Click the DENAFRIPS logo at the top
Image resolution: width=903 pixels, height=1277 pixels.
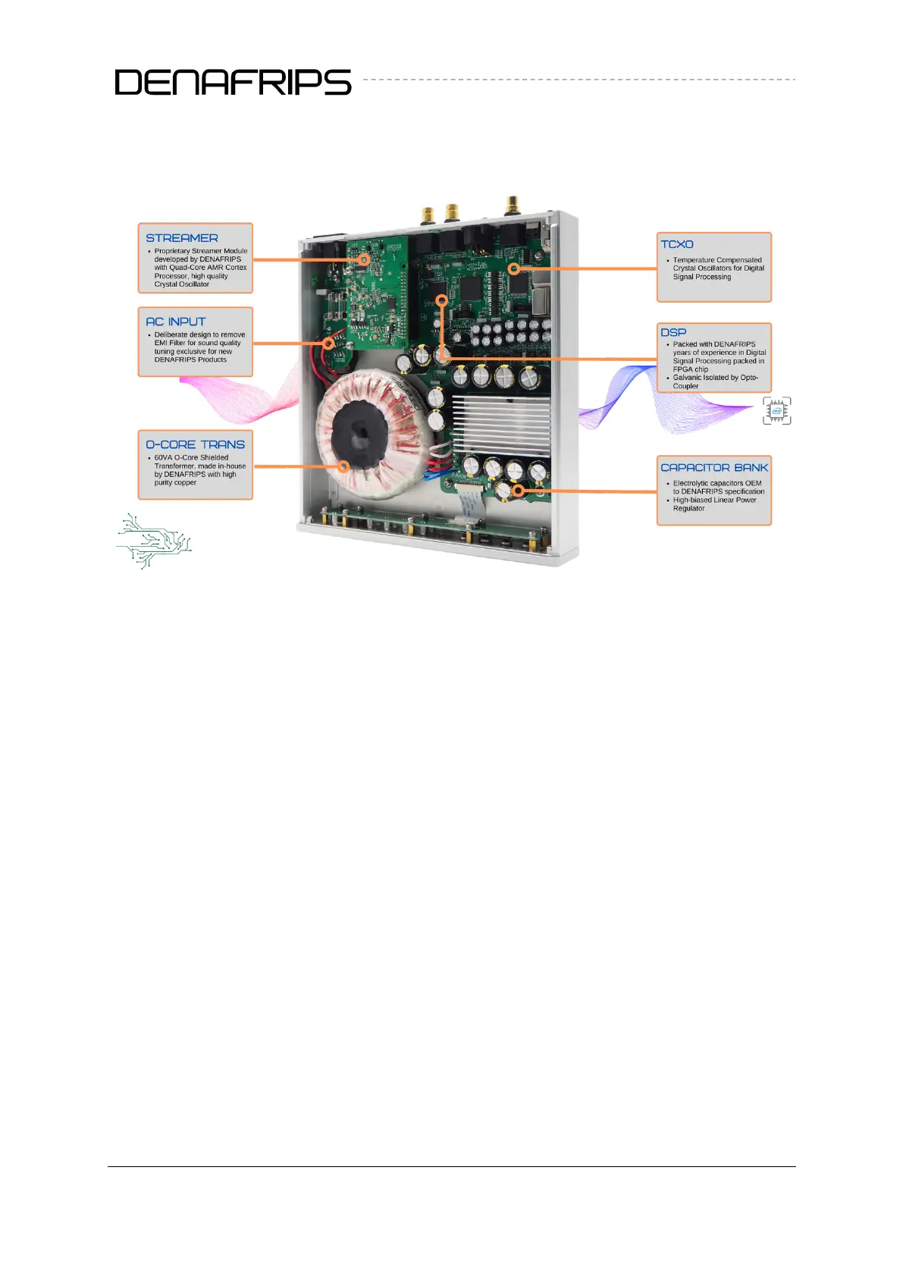click(233, 82)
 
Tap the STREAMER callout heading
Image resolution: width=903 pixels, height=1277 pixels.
click(182, 238)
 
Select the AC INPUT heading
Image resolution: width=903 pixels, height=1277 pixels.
click(175, 322)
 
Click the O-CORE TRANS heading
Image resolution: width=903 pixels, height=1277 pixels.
click(196, 444)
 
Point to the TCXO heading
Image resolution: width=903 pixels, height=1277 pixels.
click(677, 244)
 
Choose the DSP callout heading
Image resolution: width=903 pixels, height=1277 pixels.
click(673, 332)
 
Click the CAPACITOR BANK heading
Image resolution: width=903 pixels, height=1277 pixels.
click(714, 468)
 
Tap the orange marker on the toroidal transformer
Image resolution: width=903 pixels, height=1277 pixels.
click(343, 466)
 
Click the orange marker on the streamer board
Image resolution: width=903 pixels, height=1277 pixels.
click(364, 259)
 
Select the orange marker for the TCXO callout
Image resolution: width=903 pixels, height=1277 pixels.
click(514, 268)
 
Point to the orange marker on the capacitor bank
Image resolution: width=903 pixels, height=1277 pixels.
click(518, 491)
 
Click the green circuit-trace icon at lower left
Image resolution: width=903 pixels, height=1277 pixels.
click(154, 541)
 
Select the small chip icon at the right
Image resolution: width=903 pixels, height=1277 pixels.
click(777, 410)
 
